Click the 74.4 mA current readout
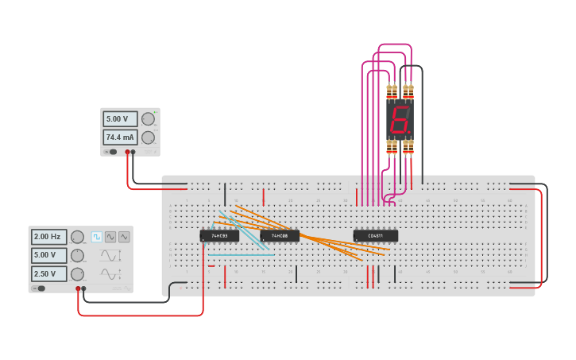(120, 137)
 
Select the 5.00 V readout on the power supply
(120, 119)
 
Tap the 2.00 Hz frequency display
(49, 237)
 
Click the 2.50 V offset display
(49, 274)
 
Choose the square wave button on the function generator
(97, 237)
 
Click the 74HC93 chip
(219, 236)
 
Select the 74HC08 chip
(280, 236)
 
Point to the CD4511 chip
(376, 236)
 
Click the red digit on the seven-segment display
(400, 120)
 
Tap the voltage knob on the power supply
(148, 119)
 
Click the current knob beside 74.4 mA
(148, 137)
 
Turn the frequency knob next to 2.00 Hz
(77, 237)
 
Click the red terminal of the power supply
(127, 152)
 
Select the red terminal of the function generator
(78, 288)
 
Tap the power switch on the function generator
(38, 288)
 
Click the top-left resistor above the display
(391, 91)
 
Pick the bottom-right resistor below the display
(408, 147)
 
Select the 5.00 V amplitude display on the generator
(49, 256)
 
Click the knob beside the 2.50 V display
(77, 274)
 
